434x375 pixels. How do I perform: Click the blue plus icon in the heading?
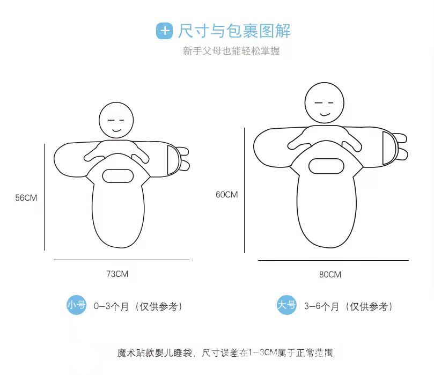pos(164,31)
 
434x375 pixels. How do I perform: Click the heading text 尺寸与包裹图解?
pos(234,31)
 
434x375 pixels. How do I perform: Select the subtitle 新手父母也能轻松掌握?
pos(231,52)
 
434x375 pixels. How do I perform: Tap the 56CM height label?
pos(26,198)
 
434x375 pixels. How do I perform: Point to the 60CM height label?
pos(226,195)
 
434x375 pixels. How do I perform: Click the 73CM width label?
pos(117,274)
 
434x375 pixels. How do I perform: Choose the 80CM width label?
pos(330,275)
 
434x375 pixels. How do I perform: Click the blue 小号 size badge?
pos(76,305)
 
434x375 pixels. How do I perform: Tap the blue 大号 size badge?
pos(286,305)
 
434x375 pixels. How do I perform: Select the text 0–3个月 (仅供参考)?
pos(138,307)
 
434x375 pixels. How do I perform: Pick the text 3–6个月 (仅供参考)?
pos(349,307)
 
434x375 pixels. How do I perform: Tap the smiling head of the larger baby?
pos(324,102)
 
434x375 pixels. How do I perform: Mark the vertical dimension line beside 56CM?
pos(44,197)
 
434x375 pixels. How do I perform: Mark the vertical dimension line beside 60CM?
pos(245,190)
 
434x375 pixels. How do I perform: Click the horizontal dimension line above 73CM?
pos(121,260)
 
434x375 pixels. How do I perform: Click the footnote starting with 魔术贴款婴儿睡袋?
pos(225,353)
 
